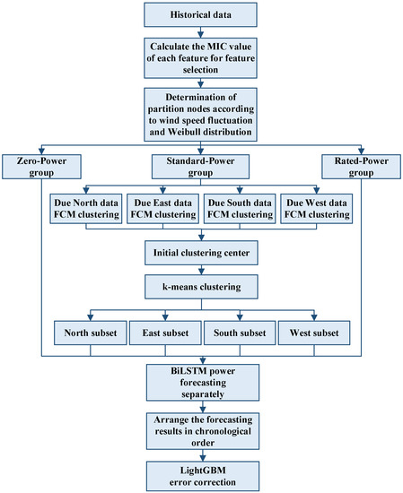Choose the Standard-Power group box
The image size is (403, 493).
[201, 165]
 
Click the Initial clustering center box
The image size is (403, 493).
[201, 254]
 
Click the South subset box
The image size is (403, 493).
[239, 334]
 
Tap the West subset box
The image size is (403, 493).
[314, 334]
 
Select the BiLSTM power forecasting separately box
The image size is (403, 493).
[201, 381]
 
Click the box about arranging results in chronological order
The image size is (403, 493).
[201, 428]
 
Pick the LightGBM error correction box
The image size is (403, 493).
[201, 474]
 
